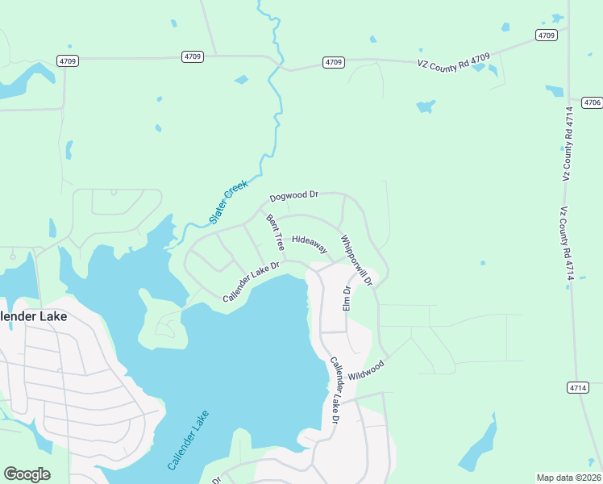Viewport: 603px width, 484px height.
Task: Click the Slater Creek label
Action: pyautogui.click(x=229, y=202)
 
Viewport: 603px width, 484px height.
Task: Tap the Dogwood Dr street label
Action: pyautogui.click(x=294, y=196)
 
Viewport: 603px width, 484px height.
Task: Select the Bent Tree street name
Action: pyautogui.click(x=276, y=232)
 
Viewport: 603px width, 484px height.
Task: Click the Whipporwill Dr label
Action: pyautogui.click(x=356, y=261)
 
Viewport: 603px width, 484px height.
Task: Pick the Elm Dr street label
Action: pyautogui.click(x=347, y=298)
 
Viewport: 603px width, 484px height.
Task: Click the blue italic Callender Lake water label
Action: pyautogui.click(x=189, y=440)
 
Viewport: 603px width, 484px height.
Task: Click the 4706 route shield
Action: pyautogui.click(x=593, y=102)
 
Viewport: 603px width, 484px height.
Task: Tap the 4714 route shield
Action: pyautogui.click(x=576, y=387)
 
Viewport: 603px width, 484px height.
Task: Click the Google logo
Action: pyautogui.click(x=27, y=474)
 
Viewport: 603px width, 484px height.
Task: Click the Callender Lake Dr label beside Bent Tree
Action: pyautogui.click(x=251, y=282)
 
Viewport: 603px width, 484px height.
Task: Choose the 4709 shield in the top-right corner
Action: pyautogui.click(x=547, y=35)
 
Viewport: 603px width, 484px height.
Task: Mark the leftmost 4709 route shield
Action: pyautogui.click(x=67, y=60)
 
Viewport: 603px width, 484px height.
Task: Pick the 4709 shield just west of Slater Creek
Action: pyautogui.click(x=193, y=56)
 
